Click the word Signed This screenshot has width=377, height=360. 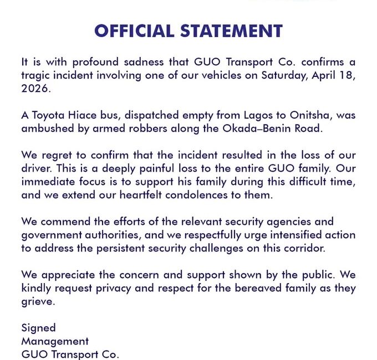[x=38, y=328]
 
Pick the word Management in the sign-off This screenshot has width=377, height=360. [x=55, y=341]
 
